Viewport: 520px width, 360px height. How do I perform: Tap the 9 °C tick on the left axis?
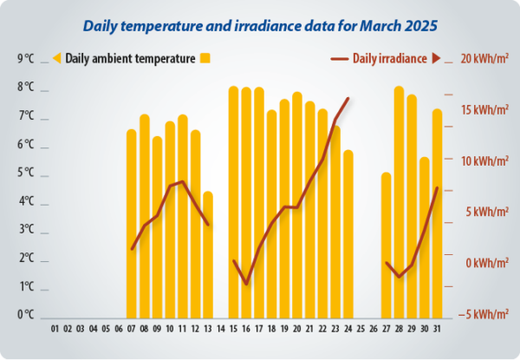[26, 59]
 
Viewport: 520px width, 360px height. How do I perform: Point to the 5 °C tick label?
[26, 173]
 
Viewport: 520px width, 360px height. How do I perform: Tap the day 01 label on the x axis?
[55, 330]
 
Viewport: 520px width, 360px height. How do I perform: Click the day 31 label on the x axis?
[437, 330]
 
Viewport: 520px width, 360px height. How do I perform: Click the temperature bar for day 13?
[207, 255]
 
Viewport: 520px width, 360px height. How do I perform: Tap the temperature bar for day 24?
[348, 234]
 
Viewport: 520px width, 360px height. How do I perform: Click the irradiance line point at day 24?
[348, 98]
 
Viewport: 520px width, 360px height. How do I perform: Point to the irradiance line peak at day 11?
[182, 181]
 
